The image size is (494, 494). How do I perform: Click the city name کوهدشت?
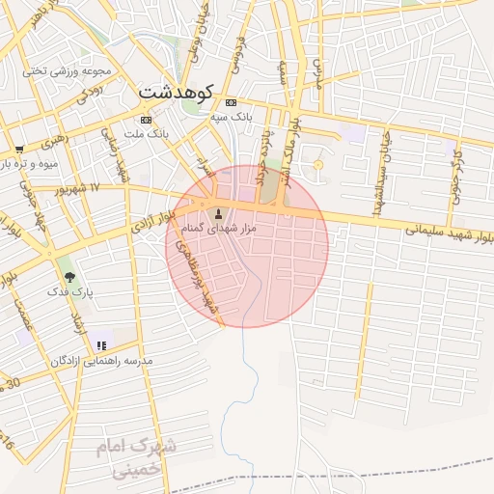tap(181, 92)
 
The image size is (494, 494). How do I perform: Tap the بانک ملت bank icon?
tap(147, 120)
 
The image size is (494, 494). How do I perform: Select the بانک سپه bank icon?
tap(231, 102)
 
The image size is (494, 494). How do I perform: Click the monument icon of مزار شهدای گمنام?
tap(217, 213)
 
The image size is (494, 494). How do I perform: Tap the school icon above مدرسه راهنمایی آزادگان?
tap(101, 345)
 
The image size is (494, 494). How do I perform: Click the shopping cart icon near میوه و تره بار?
tap(18, 150)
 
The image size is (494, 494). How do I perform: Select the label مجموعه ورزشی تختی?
tap(69, 70)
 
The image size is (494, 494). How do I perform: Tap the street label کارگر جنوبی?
tap(454, 179)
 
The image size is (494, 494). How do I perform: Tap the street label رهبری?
tap(55, 141)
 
